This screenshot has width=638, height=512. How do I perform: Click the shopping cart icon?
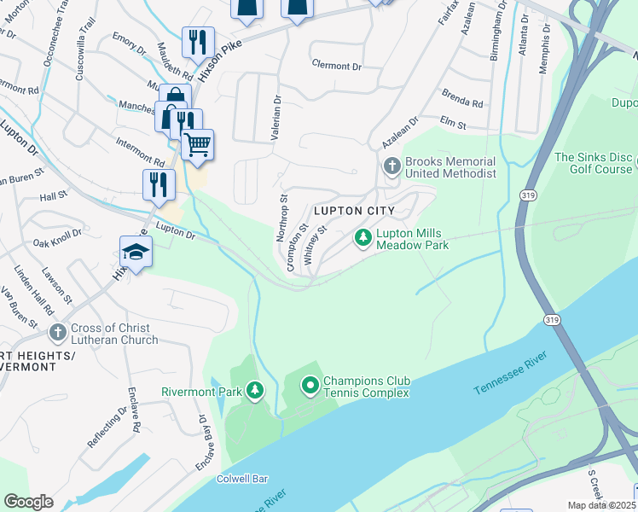[x=198, y=144]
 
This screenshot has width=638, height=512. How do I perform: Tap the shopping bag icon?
[x=174, y=98]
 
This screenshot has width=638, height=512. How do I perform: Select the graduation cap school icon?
[x=136, y=251]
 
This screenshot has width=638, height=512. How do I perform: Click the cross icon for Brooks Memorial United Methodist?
[x=392, y=166]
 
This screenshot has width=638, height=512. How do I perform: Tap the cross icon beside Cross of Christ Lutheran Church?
[x=57, y=332]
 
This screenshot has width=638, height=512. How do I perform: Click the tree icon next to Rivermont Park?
[x=254, y=391]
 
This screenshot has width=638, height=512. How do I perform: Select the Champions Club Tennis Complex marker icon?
[x=310, y=387]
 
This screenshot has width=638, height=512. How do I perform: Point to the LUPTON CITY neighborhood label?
[x=354, y=211]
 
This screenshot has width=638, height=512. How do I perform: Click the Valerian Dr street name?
[x=276, y=112]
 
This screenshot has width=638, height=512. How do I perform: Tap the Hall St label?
[x=53, y=196]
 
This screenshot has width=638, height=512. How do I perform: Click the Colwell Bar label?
[x=248, y=480]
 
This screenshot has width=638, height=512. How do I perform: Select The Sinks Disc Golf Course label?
[x=593, y=163]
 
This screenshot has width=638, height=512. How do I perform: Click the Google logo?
[x=29, y=501]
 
